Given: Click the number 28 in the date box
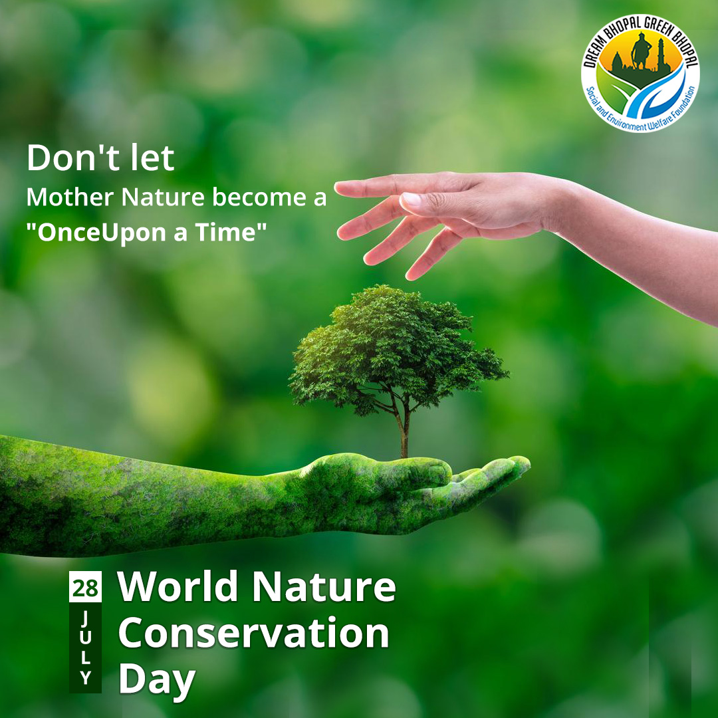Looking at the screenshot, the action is coord(85,588).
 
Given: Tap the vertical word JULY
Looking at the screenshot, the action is coord(85,647).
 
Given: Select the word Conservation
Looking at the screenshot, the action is coord(254,633).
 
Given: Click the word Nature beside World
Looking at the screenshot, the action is coord(324,586).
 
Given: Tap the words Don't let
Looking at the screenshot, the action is coord(100,158).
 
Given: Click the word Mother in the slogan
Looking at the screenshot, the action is coord(70,197).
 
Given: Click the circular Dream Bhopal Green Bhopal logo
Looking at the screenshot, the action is coord(640,73).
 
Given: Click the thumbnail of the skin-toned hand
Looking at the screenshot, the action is coord(410,199).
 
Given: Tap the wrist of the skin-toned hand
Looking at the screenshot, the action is coord(563,206).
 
